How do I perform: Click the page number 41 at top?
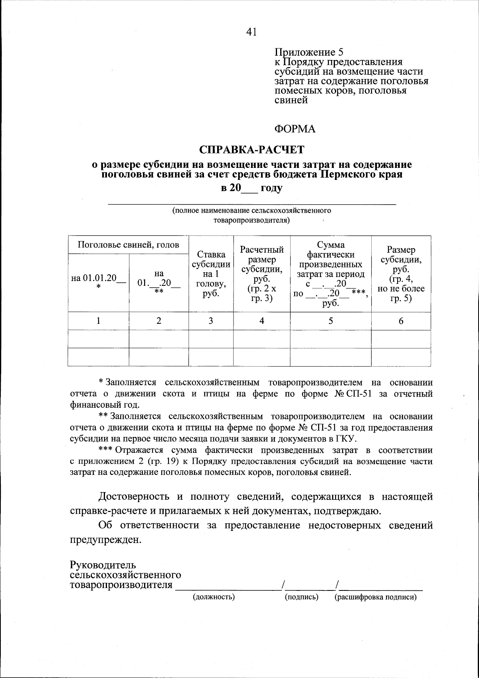click(x=251, y=32)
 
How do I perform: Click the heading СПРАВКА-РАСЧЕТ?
click(x=251, y=150)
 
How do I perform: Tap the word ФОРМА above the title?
click(x=295, y=129)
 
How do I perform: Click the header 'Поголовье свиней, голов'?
click(x=128, y=245)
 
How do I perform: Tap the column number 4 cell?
click(x=261, y=321)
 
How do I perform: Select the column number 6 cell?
click(x=401, y=321)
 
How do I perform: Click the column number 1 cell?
click(x=98, y=321)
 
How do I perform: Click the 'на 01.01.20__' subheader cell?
click(x=98, y=282)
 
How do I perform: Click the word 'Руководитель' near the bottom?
click(x=103, y=565)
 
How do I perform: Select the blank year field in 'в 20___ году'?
click(x=250, y=188)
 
